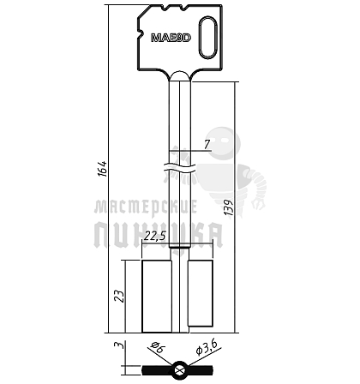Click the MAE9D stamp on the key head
click(171, 38)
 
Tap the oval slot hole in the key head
click(207, 38)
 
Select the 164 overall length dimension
click(103, 169)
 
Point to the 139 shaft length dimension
click(230, 207)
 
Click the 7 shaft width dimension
click(207, 145)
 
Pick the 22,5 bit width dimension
click(155, 236)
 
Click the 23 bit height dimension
click(119, 297)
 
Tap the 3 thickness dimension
click(119, 345)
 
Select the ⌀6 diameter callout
click(158, 347)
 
